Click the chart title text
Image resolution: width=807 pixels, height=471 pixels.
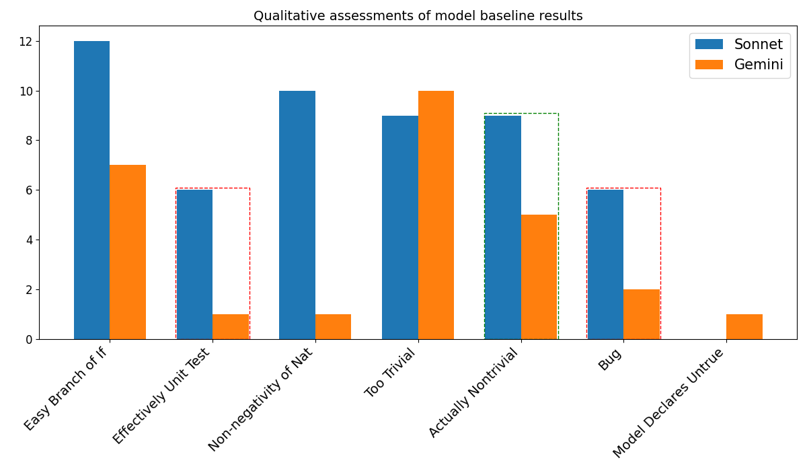(418, 16)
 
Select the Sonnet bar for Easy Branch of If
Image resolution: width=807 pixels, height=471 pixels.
(92, 190)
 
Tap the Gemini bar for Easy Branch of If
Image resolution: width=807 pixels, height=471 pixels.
(128, 252)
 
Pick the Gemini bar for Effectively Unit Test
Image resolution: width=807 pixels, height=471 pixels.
(231, 327)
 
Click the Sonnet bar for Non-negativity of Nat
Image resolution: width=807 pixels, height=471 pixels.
(297, 215)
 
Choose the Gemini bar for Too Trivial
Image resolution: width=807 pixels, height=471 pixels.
(436, 215)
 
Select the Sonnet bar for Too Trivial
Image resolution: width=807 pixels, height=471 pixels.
(400, 227)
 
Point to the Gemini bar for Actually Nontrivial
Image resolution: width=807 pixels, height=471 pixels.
(539, 277)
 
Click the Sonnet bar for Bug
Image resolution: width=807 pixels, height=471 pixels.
(605, 264)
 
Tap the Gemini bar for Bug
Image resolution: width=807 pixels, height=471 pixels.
(642, 314)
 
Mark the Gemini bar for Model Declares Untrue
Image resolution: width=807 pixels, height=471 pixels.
(744, 327)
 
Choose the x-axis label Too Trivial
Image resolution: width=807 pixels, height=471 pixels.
(390, 373)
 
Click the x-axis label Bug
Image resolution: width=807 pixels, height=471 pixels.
(609, 359)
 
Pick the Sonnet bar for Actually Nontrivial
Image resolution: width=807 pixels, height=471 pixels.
(503, 227)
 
